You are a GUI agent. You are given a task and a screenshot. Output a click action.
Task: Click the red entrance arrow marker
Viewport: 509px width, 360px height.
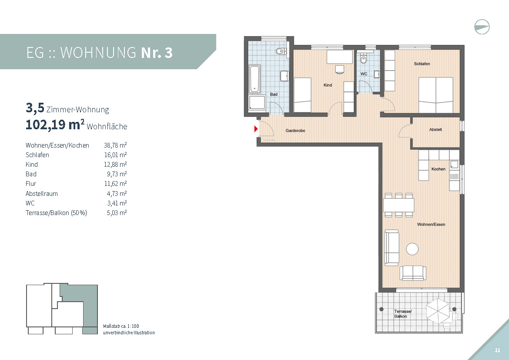[x=256, y=129]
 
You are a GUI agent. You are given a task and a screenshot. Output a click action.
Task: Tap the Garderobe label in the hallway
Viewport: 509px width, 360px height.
[x=295, y=131]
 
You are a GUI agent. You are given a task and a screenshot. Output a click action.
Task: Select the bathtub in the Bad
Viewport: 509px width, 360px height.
[x=254, y=79]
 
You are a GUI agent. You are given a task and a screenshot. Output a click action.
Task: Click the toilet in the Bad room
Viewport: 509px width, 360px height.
[x=281, y=51]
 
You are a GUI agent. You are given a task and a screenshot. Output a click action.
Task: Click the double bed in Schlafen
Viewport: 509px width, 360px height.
[x=435, y=95]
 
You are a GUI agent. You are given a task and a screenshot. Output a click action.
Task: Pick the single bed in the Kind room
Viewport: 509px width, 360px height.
[x=302, y=95]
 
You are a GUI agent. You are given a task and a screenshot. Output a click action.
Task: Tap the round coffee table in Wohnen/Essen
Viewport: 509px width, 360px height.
[x=412, y=249]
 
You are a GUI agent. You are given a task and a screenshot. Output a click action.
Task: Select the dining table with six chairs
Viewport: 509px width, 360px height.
[x=398, y=205]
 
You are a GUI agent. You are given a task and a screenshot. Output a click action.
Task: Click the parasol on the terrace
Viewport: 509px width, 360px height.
[x=438, y=311]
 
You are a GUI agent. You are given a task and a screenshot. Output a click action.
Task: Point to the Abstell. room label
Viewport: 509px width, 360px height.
[x=435, y=130]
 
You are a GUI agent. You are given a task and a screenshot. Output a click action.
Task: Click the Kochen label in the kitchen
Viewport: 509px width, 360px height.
[x=438, y=169]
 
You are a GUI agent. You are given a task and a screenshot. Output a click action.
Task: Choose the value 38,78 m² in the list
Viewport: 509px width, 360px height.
[x=115, y=145]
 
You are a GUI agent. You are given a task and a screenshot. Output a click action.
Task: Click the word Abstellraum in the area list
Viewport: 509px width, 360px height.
[x=42, y=194]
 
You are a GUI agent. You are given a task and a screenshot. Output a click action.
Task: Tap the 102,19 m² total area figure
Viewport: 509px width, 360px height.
[x=55, y=124]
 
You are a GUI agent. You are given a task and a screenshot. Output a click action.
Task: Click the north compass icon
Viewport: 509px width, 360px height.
[x=482, y=27]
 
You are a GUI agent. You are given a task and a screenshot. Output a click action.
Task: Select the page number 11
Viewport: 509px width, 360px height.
[x=497, y=350]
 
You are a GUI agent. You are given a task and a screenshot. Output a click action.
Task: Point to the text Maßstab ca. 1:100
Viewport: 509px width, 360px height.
[x=121, y=326]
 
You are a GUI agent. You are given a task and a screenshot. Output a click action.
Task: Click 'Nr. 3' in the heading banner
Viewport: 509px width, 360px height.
[x=157, y=53]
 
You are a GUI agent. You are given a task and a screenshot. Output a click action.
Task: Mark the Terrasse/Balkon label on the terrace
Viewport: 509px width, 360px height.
[x=403, y=314]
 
